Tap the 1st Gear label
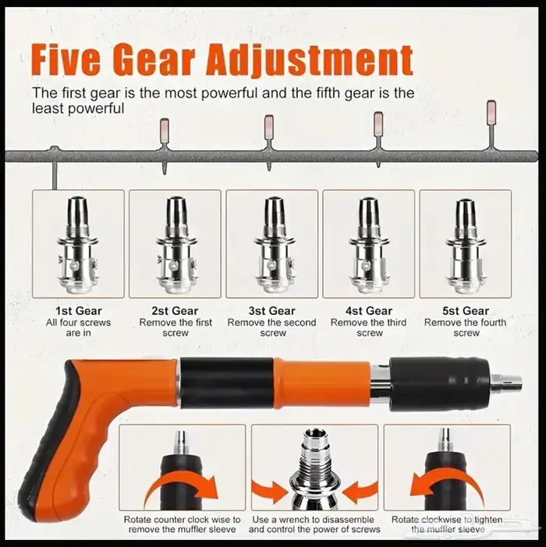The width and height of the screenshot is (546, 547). click(79, 311)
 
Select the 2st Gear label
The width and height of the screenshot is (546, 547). click(175, 311)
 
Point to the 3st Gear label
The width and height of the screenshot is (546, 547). click(272, 311)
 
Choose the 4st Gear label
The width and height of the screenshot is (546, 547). click(369, 311)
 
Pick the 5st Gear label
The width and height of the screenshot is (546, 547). click(466, 311)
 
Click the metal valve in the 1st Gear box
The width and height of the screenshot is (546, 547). click(78, 243)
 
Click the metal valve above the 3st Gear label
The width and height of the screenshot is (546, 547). click(272, 244)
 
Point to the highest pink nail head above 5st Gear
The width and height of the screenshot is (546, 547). click(491, 112)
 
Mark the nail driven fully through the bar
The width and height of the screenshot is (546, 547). click(54, 168)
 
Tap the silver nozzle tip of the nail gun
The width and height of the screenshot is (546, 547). click(506, 381)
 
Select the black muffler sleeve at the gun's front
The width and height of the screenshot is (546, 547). click(440, 380)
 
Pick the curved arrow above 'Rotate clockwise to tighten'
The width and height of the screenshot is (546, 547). click(446, 485)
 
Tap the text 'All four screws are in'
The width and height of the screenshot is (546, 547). click(78, 327)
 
